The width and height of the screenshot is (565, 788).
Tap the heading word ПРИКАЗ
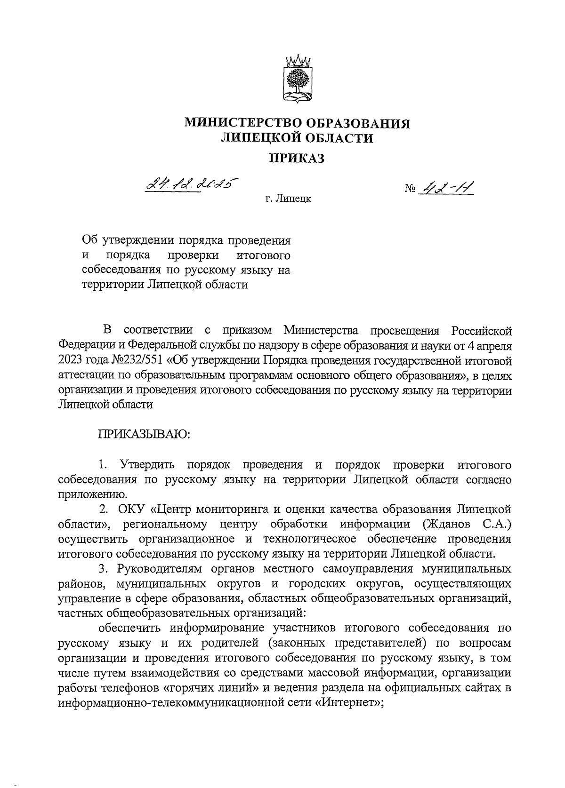click(x=297, y=159)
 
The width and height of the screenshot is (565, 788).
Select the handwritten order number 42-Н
click(x=447, y=188)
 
